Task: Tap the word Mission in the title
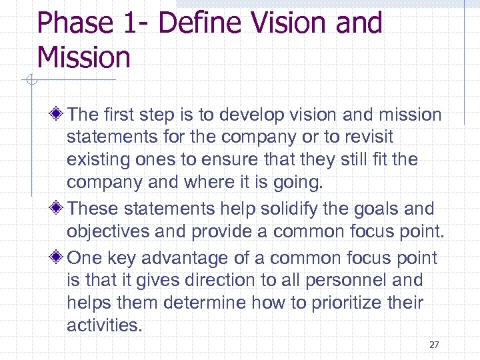[x=84, y=57]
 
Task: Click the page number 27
[x=435, y=345]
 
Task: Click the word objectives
[x=111, y=231]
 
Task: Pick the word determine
[x=199, y=303]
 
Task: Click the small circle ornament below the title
[x=29, y=80]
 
